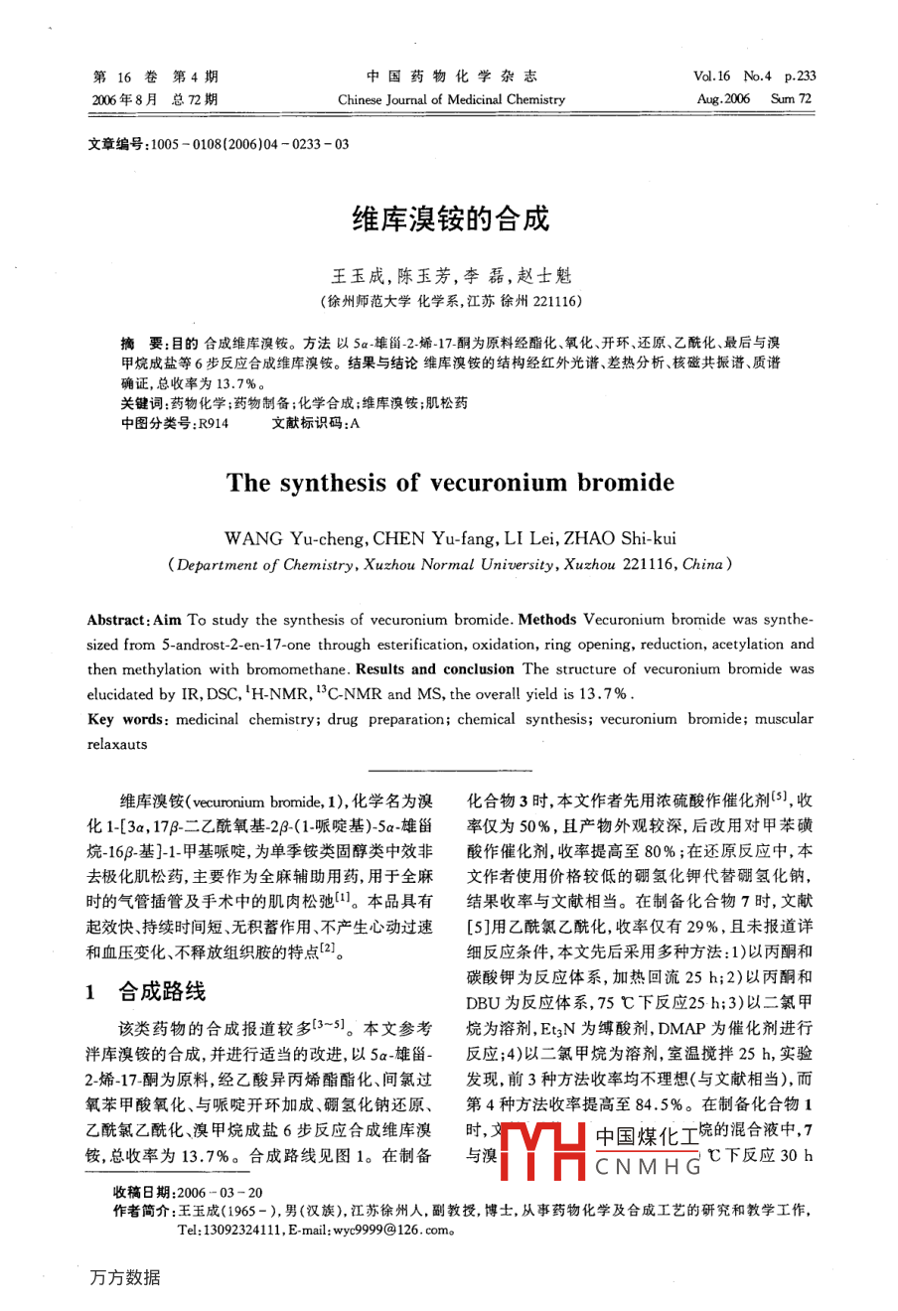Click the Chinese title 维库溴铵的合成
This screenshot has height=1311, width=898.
point(450,218)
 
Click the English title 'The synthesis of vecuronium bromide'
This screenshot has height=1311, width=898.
point(450,483)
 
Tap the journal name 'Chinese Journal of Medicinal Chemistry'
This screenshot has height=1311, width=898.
point(451,99)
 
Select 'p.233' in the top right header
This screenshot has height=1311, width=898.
point(800,76)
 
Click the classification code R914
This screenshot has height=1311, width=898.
point(213,422)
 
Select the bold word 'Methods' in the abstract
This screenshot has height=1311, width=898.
point(547,619)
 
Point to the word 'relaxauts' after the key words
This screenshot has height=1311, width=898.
point(117,744)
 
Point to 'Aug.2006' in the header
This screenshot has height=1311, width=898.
point(723,99)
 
